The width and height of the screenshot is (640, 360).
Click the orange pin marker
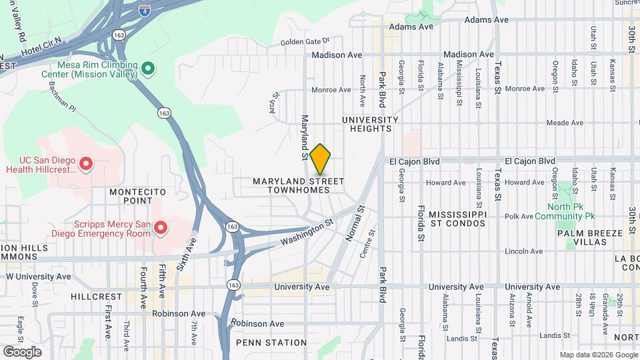321,159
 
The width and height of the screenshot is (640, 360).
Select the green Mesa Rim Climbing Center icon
149,69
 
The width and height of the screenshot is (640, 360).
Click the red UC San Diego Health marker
86,163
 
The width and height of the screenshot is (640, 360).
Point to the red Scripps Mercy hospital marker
161,229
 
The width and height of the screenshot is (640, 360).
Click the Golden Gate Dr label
305,41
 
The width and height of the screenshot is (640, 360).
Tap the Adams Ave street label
411,27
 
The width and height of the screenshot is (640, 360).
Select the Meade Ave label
565,123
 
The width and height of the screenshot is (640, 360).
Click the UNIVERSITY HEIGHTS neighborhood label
370,124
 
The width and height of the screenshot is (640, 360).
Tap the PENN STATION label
262,343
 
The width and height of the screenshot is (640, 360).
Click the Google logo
22,351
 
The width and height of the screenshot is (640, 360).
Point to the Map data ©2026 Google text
598,355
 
